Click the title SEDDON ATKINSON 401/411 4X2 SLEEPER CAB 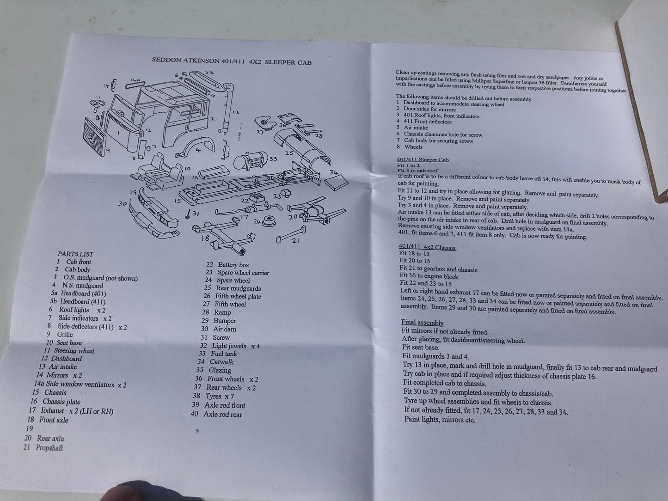pyautogui.click(x=232, y=61)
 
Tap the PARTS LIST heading pyautogui.click(x=75, y=254)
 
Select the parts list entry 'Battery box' pyautogui.click(x=227, y=265)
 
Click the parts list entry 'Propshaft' pyautogui.click(x=43, y=447)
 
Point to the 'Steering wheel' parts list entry pyautogui.click(x=69, y=351)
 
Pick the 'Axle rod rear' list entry pyautogui.click(x=216, y=414)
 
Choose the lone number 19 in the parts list pyautogui.click(x=29, y=428)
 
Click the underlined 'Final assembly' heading pyautogui.click(x=422, y=323)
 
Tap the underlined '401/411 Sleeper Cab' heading pyautogui.click(x=423, y=159)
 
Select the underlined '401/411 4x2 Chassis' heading pyautogui.click(x=427, y=247)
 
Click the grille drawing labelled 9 pyautogui.click(x=95, y=137)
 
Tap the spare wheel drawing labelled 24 pyautogui.click(x=269, y=221)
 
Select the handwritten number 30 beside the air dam pyautogui.click(x=123, y=203)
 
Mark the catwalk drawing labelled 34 pyautogui.click(x=336, y=182)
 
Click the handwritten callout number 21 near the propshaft pyautogui.click(x=295, y=241)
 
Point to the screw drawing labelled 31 pyautogui.click(x=188, y=214)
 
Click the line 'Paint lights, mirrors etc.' pyautogui.click(x=440, y=420)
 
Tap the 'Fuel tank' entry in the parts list pyautogui.click(x=218, y=354)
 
